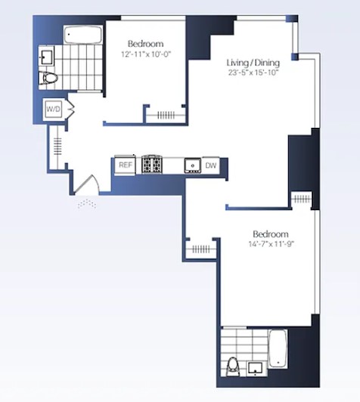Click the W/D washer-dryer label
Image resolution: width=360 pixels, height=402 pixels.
(54, 110)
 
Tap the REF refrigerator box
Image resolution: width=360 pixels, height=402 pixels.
(125, 164)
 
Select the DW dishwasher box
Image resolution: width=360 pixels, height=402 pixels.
(211, 164)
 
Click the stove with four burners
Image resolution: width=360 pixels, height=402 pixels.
(153, 164)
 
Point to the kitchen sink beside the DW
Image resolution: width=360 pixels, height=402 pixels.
(192, 165)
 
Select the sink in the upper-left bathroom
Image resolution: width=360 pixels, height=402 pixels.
(48, 54)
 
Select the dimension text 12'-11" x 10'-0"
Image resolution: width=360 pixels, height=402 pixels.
(145, 54)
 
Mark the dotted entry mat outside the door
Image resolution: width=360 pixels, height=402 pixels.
(86, 203)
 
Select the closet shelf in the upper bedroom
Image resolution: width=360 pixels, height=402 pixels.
(164, 115)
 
